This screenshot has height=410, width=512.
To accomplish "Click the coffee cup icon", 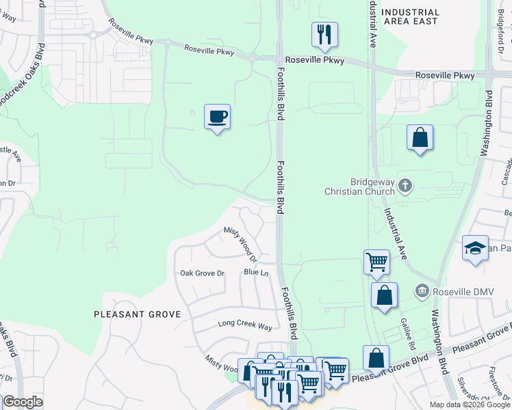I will coord(217,117).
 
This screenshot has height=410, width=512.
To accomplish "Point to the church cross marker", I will coord(405,186).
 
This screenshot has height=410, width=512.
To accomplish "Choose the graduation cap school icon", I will coord(474,249).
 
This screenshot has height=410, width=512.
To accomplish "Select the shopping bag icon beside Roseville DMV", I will coord(384,296).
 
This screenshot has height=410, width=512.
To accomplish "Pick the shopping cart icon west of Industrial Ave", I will coord(376,262).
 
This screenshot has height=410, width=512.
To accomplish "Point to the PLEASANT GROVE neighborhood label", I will coord(137,314).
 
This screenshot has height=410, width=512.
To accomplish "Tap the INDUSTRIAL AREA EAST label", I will coord(410,17).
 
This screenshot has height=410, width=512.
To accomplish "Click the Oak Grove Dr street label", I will coord(202,273).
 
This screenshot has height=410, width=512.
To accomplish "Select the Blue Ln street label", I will coord(255,273).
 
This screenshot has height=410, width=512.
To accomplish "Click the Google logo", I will coord(22,402).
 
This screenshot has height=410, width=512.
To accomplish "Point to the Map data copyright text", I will coord(469,405).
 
